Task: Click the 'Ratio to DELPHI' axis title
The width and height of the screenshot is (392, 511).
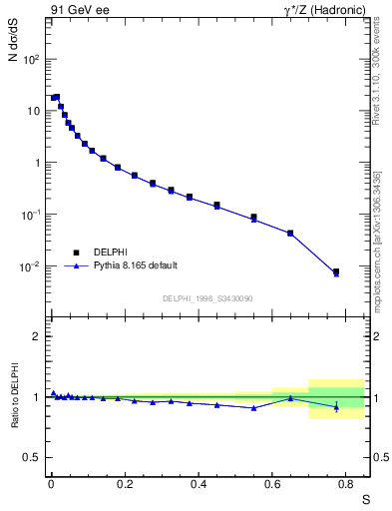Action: point(14,397)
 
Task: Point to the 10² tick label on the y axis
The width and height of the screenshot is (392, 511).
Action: point(31,59)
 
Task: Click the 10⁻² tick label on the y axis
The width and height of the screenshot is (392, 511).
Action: point(31,266)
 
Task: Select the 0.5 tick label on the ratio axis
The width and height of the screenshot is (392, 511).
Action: point(32,457)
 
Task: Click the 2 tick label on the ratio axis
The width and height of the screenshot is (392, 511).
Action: point(36,336)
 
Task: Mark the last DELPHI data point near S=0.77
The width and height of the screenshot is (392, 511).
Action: point(336,271)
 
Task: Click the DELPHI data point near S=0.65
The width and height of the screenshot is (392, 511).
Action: point(290,234)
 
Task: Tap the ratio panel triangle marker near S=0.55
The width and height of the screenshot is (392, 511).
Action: point(253,408)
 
